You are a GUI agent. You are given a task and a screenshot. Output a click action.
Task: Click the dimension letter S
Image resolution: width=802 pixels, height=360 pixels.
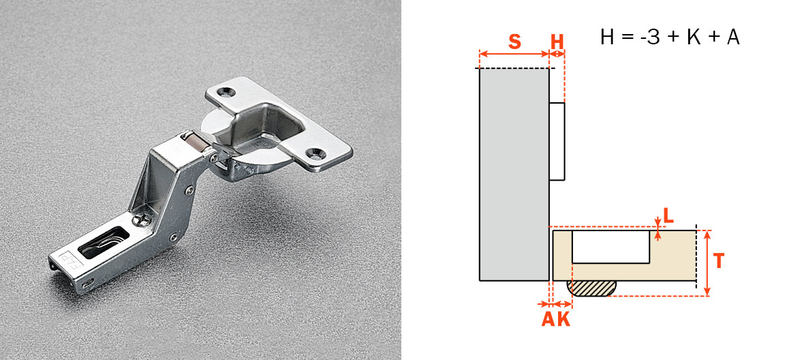point(514,42)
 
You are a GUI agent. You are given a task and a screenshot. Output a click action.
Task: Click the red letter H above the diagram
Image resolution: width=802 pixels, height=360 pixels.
point(557,42)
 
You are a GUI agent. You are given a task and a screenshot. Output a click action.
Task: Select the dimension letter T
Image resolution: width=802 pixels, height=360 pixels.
point(719,261)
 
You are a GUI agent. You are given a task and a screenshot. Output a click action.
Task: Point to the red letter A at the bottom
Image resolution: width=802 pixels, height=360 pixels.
point(548,320)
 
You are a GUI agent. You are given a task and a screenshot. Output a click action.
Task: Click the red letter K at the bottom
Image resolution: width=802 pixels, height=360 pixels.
point(563,320)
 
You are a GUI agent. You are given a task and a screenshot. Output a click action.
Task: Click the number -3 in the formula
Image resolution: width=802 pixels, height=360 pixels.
point(649,38)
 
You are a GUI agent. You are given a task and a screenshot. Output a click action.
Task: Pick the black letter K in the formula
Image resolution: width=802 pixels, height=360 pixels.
point(693,38)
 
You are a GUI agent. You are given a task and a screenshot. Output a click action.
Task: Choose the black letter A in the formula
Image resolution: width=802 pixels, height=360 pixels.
point(732,38)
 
